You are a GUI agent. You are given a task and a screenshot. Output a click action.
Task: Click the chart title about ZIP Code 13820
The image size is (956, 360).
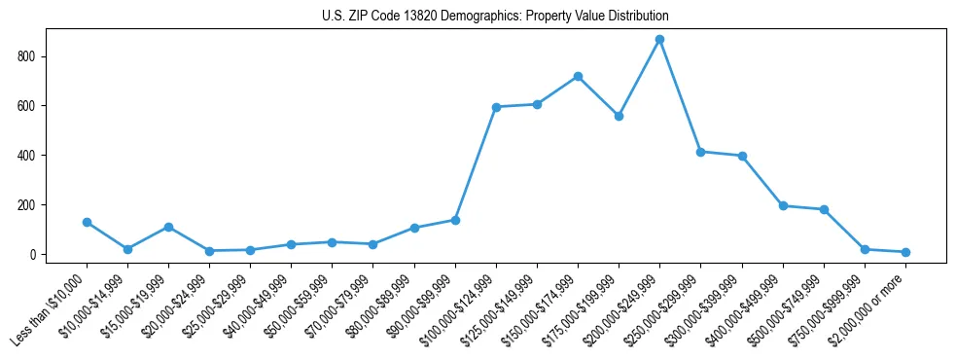click(x=495, y=17)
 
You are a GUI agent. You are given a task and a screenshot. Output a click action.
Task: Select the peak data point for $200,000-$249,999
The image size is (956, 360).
click(x=659, y=40)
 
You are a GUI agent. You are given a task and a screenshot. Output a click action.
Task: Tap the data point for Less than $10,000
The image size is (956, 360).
click(x=87, y=222)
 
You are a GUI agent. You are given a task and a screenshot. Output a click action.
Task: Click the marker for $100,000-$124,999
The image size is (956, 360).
click(x=496, y=107)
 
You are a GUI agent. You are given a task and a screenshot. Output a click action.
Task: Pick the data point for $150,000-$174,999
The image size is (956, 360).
click(x=578, y=76)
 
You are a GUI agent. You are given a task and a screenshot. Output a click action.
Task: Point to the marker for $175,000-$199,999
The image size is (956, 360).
click(x=619, y=116)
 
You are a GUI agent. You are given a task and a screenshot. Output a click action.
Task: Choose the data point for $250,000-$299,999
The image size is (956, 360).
click(x=700, y=152)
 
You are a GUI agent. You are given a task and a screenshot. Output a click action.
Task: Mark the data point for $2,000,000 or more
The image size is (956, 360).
click(x=905, y=252)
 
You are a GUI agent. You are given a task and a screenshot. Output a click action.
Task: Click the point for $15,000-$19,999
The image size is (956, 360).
click(x=168, y=227)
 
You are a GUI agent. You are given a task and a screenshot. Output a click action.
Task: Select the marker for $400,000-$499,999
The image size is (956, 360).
click(x=783, y=205)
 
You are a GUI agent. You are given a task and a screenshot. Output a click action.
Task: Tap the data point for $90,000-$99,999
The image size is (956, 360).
click(x=455, y=220)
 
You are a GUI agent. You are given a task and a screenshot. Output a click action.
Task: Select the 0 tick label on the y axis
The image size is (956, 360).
click(x=36, y=255)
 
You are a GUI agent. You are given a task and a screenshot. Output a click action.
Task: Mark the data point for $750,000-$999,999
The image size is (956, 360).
click(x=865, y=250)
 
